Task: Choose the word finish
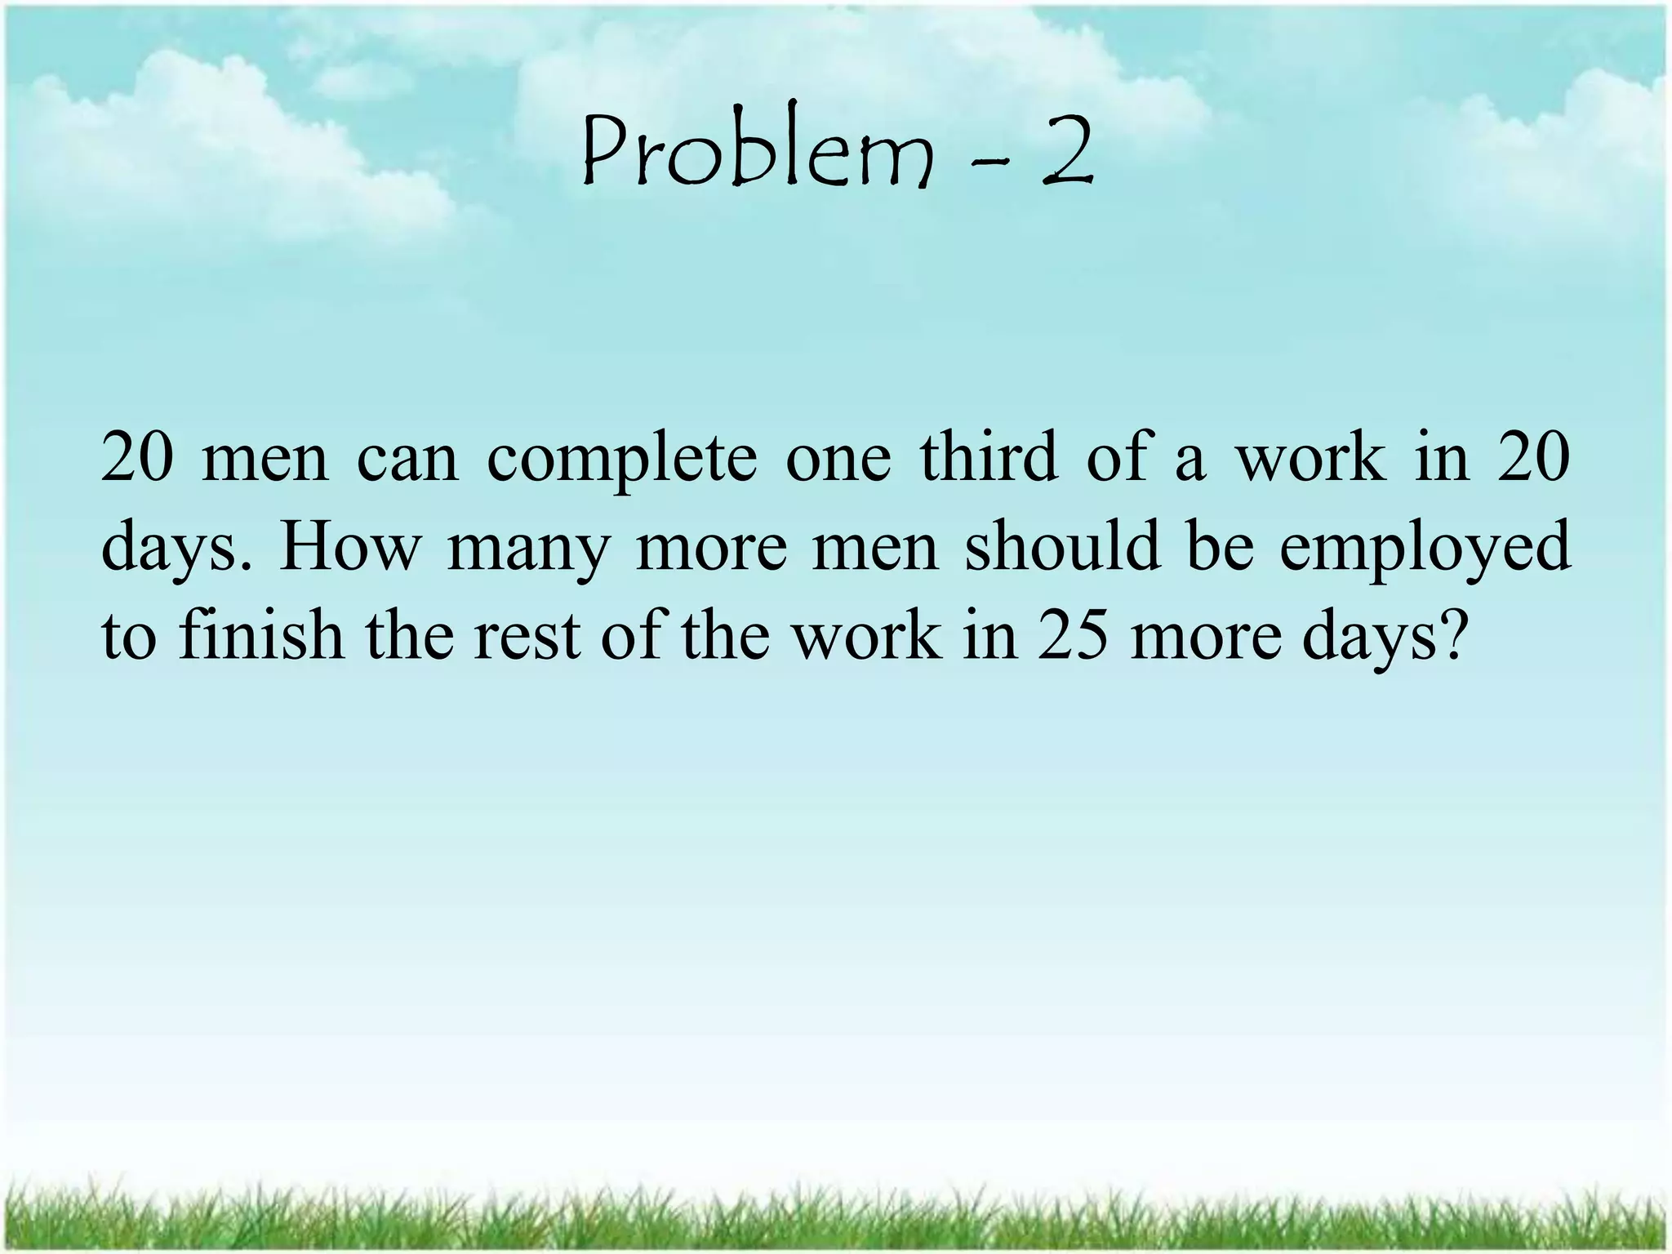click(x=260, y=635)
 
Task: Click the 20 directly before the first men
click(x=137, y=459)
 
